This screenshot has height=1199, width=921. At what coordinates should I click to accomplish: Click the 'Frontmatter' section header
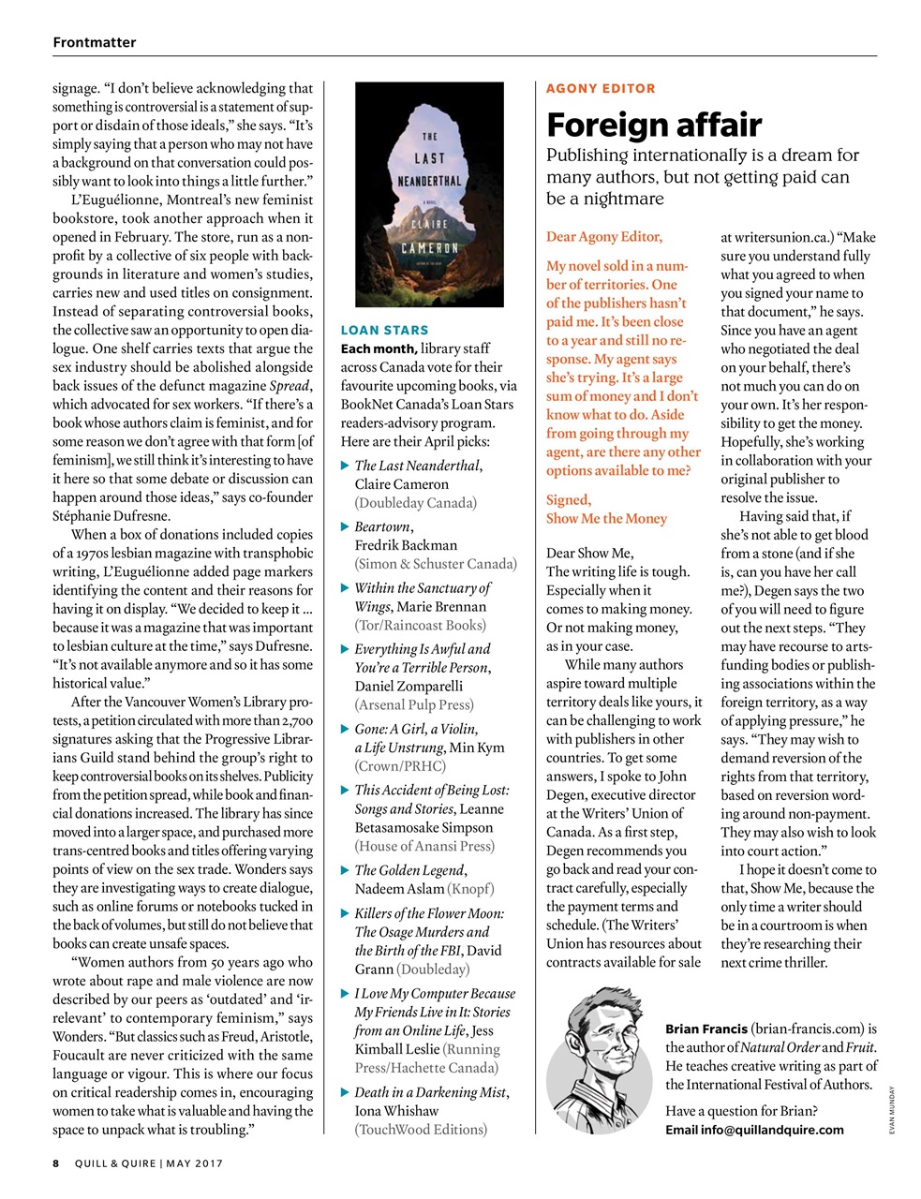pyautogui.click(x=95, y=42)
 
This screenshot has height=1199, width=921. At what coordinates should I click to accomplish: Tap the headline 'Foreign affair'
pyautogui.click(x=653, y=125)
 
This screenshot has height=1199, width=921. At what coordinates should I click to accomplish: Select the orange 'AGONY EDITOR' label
pyautogui.click(x=601, y=88)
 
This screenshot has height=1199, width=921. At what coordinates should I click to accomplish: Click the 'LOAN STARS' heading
pyautogui.click(x=384, y=330)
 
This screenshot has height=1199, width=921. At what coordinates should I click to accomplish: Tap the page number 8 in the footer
pyautogui.click(x=56, y=1163)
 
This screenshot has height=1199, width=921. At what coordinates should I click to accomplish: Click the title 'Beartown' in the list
pyautogui.click(x=382, y=526)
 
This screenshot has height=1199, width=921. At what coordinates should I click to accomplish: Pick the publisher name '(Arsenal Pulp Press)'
pyautogui.click(x=414, y=704)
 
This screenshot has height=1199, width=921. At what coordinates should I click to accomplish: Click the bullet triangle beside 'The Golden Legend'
pyautogui.click(x=345, y=870)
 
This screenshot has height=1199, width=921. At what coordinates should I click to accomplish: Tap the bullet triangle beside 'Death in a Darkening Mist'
pyautogui.click(x=345, y=1092)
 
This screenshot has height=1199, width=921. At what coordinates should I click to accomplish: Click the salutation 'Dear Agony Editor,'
pyautogui.click(x=604, y=236)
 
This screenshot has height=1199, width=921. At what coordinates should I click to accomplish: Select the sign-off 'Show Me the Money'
pyautogui.click(x=606, y=518)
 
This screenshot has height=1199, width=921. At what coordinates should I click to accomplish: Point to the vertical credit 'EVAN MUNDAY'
pyautogui.click(x=893, y=1111)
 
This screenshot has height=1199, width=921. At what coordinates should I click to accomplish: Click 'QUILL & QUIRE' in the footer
pyautogui.click(x=116, y=1163)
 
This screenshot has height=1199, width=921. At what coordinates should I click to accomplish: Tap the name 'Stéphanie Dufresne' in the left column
pyautogui.click(x=111, y=515)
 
